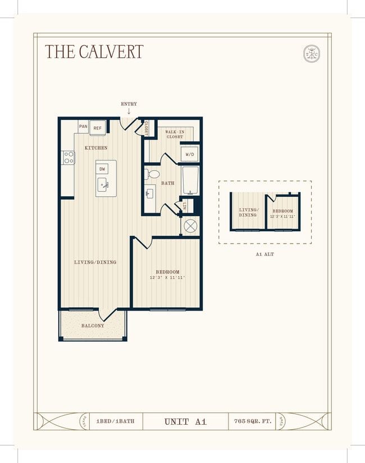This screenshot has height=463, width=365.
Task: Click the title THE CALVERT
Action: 94,52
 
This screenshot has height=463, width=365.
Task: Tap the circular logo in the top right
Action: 311,53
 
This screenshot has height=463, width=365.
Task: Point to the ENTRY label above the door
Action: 129,104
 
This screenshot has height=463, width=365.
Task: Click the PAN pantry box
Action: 83,127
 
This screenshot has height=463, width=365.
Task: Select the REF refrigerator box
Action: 98,128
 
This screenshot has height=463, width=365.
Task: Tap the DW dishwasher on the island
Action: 102,169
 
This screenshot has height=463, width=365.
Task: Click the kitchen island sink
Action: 103,183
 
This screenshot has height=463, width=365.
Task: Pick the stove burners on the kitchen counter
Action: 69,158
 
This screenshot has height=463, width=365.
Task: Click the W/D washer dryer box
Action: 189,154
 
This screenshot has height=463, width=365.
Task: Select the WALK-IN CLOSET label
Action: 175,134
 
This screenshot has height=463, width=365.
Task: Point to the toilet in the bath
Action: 152,174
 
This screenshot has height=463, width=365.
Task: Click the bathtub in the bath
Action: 190,180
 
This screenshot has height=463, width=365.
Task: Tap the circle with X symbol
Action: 190,226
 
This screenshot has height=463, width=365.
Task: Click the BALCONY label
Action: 92,326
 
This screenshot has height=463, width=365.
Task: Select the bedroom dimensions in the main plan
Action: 167,278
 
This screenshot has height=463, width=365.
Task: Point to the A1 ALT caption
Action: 264,254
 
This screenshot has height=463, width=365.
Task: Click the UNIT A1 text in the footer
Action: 185,421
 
